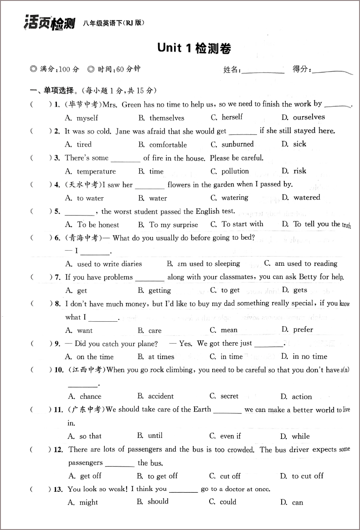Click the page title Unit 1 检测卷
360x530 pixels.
tap(194, 48)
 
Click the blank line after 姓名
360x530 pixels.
tap(263, 71)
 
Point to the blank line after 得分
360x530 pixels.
tap(333, 71)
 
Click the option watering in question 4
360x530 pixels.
tap(234, 198)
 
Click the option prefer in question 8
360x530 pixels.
tap(303, 329)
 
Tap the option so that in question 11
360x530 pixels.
tap(90, 436)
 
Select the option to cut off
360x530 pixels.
tap(307, 476)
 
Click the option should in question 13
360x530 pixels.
tap(158, 502)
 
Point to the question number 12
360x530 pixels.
tap(58, 450)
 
